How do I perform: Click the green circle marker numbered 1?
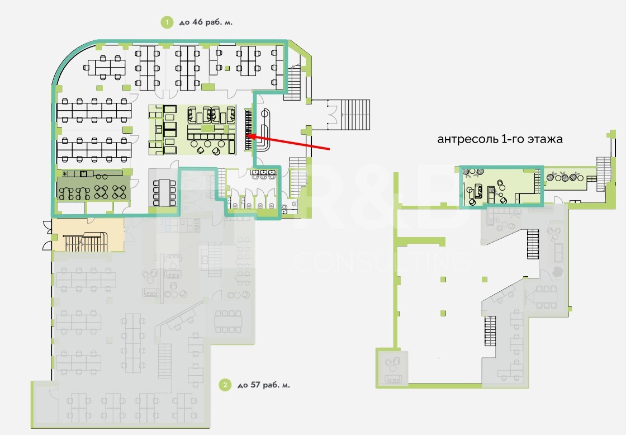click(x=167, y=22)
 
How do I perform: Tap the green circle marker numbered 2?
click(x=225, y=385)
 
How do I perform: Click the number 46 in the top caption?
click(x=198, y=22)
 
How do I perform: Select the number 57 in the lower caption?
click(x=255, y=385)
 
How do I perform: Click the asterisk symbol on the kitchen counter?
click(x=65, y=174)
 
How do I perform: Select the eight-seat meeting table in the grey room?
click(x=164, y=193)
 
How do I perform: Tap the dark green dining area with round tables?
click(x=93, y=188)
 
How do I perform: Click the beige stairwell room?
click(x=88, y=235)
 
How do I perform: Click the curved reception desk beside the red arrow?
click(x=264, y=131)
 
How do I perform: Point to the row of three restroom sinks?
click(x=264, y=174)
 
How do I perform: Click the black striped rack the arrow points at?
click(x=248, y=129)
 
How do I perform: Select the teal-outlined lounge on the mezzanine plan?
click(x=501, y=187)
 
